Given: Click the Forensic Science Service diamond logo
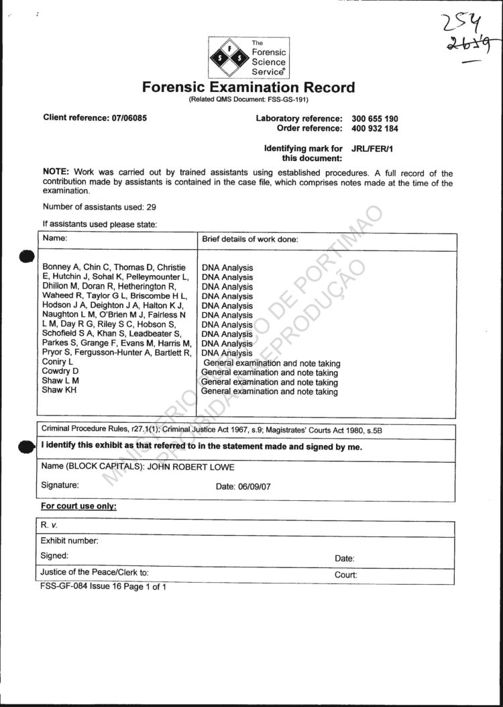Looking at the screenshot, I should point(229,58).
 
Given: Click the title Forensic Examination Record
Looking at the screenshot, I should point(248,87).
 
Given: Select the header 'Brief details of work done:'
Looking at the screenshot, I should point(249,239).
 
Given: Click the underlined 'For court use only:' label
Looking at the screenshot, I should point(78,506).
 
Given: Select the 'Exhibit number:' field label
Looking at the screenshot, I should point(70,540).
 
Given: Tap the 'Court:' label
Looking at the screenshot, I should point(345,575).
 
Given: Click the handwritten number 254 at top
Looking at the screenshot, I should point(461,26).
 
